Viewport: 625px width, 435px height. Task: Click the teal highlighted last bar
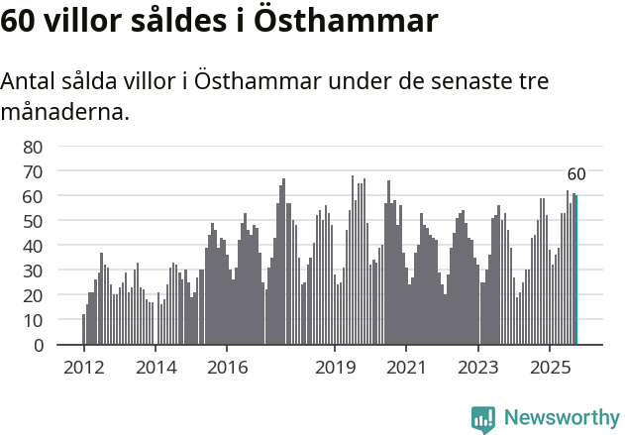pyautogui.click(x=576, y=270)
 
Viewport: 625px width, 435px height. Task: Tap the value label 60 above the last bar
pyautogui.click(x=576, y=174)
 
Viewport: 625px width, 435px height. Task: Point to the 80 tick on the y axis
pyautogui.click(x=33, y=147)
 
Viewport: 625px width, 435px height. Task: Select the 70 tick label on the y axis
pyautogui.click(x=33, y=171)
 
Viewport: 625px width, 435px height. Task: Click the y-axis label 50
pyautogui.click(x=33, y=221)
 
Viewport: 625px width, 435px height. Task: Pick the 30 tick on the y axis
pyautogui.click(x=33, y=271)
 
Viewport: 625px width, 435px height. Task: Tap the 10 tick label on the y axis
pyautogui.click(x=33, y=320)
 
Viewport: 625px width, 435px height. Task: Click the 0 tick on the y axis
pyautogui.click(x=38, y=345)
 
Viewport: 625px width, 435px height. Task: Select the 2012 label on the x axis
pyautogui.click(x=83, y=368)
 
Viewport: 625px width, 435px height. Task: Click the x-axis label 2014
pyautogui.click(x=156, y=368)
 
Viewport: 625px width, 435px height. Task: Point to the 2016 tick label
pyautogui.click(x=227, y=368)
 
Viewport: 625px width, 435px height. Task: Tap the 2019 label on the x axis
pyautogui.click(x=335, y=368)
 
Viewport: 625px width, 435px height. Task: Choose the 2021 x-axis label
pyautogui.click(x=406, y=368)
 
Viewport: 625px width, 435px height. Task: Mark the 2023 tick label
pyautogui.click(x=478, y=368)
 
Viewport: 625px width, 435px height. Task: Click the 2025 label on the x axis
pyautogui.click(x=550, y=368)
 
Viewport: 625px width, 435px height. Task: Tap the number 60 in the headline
pyautogui.click(x=18, y=22)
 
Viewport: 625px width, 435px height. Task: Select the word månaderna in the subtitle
pyautogui.click(x=64, y=112)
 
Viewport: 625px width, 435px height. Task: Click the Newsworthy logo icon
pyautogui.click(x=483, y=419)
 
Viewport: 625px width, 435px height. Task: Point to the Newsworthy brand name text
pyautogui.click(x=562, y=419)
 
